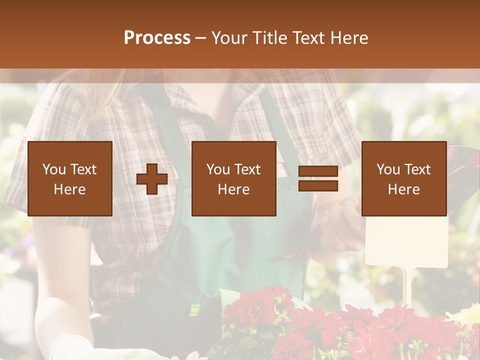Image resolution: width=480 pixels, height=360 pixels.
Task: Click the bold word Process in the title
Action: pyautogui.click(x=157, y=38)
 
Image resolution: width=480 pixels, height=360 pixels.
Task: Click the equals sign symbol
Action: pyautogui.click(x=318, y=179)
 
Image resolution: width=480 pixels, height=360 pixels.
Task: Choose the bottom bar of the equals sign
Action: pyautogui.click(x=318, y=185)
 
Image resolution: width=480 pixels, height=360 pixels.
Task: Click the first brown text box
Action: pyautogui.click(x=69, y=178)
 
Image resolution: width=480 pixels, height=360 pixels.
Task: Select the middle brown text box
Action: pyautogui.click(x=233, y=178)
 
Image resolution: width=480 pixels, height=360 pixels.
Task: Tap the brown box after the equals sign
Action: pyautogui.click(x=403, y=178)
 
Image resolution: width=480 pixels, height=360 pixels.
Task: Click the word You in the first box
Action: pyautogui.click(x=54, y=169)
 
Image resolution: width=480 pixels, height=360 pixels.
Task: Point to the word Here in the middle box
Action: pyautogui.click(x=233, y=189)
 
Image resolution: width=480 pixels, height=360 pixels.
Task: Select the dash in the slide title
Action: pyautogui.click(x=200, y=38)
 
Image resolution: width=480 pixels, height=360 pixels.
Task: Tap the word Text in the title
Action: pyautogui.click(x=306, y=38)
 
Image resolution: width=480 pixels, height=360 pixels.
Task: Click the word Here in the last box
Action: pyautogui.click(x=403, y=189)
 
